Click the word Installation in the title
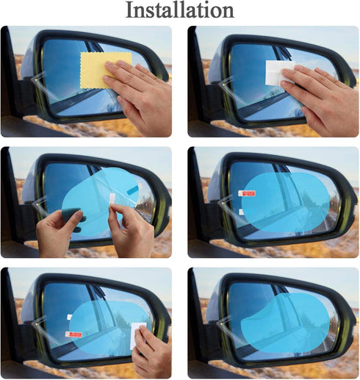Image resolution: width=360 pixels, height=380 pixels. [180, 10]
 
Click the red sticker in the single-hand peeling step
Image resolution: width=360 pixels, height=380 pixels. [73, 334]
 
